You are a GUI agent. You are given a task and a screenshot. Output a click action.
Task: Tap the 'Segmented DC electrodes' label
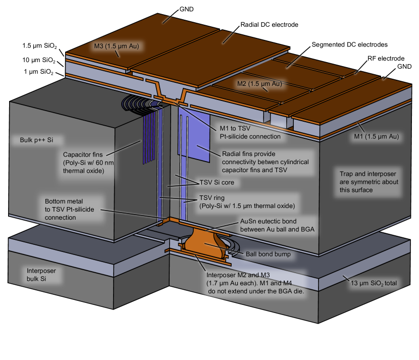pyautogui.click(x=349, y=44)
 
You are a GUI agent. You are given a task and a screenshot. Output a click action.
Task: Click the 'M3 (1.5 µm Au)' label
pyautogui.click(x=116, y=46)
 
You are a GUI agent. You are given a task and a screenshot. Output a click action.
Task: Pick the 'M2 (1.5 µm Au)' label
pyautogui.click(x=259, y=83)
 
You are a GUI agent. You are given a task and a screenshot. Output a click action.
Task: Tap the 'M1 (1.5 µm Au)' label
pyautogui.click(x=376, y=136)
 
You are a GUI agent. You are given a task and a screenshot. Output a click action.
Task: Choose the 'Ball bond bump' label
pyautogui.click(x=268, y=254)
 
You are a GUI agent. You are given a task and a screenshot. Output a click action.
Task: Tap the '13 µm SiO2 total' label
pyautogui.click(x=374, y=283)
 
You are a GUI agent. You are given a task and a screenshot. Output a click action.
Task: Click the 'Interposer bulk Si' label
pyautogui.click(x=41, y=275)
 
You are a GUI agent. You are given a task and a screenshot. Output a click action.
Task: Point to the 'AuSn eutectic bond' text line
pyautogui.click(x=268, y=221)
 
